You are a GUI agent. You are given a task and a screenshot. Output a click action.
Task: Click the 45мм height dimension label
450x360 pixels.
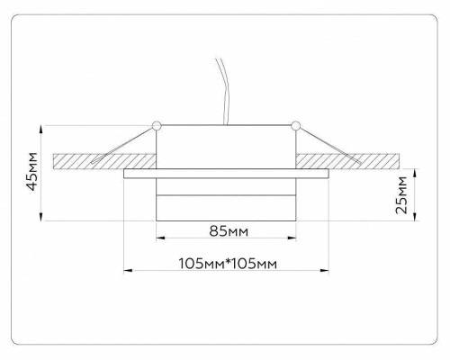(33, 171)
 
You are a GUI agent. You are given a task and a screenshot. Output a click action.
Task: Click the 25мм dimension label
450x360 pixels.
(402, 193)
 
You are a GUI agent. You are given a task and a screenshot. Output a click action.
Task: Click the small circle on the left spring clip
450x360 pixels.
(157, 123)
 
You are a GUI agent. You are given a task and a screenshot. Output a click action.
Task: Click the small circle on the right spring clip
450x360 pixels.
(295, 123)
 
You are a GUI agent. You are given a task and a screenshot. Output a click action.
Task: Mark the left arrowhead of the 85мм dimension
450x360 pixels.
(160, 238)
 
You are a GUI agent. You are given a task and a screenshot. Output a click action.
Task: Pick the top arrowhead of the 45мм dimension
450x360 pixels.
(44, 127)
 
